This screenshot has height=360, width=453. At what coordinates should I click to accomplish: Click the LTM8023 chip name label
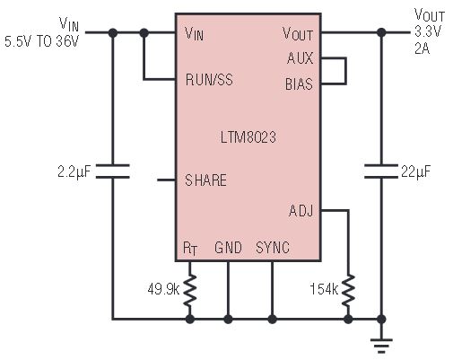248,137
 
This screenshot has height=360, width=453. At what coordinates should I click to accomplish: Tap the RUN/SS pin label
209,80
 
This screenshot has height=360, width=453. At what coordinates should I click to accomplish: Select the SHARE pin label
205,180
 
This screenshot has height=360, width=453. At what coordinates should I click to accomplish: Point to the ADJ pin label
301,211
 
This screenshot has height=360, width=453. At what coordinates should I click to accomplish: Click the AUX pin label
300,58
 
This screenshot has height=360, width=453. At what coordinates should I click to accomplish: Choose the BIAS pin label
299,84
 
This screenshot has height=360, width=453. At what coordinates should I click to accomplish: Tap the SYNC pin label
273,248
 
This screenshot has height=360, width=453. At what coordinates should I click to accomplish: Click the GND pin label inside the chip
228,248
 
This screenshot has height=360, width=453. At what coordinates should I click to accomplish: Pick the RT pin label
190,249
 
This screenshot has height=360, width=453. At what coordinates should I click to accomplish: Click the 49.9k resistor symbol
190,290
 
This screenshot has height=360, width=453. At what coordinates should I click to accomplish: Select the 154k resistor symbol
348,290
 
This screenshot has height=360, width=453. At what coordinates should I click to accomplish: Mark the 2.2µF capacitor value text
74,171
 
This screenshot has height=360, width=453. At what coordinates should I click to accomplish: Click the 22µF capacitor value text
416,171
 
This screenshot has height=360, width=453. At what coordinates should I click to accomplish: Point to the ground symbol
381,344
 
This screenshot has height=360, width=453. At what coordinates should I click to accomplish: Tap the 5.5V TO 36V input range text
41,41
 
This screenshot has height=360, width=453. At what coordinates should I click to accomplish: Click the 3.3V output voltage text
428,31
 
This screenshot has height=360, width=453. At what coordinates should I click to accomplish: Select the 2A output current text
423,48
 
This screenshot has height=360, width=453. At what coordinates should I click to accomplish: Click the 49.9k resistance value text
163,289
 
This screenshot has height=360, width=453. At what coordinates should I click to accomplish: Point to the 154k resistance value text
324,289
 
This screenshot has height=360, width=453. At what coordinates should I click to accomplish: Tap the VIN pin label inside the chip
195,33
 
